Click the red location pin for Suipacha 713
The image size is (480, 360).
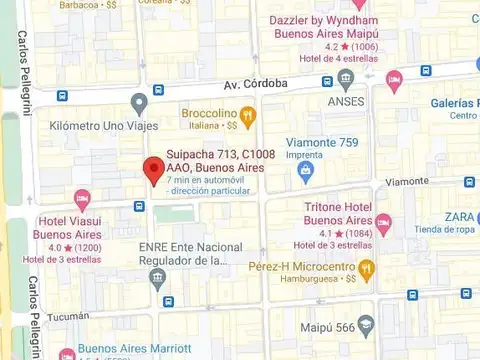click(152, 170)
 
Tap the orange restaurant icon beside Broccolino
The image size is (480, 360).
click(248, 117)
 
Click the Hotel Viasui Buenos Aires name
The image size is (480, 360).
click(73, 227)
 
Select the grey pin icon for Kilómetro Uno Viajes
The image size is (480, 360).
click(139, 102)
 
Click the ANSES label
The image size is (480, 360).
click(345, 101)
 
